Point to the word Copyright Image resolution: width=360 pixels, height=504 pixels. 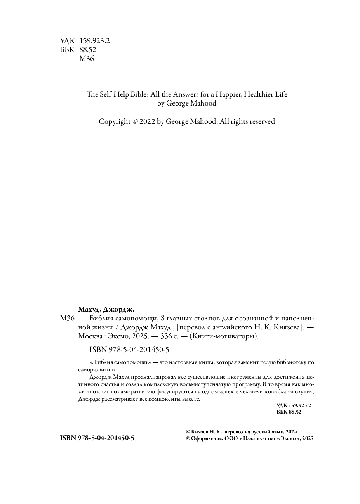(115, 121)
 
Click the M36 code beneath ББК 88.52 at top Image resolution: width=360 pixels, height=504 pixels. (86, 59)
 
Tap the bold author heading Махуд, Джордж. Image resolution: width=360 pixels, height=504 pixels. (106, 310)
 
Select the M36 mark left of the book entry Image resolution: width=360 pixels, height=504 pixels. (67, 319)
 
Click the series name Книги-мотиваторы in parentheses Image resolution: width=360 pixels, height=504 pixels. (223, 336)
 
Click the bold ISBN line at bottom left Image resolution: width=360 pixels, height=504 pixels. (97, 438)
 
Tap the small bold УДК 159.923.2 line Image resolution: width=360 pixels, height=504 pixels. (294, 405)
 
